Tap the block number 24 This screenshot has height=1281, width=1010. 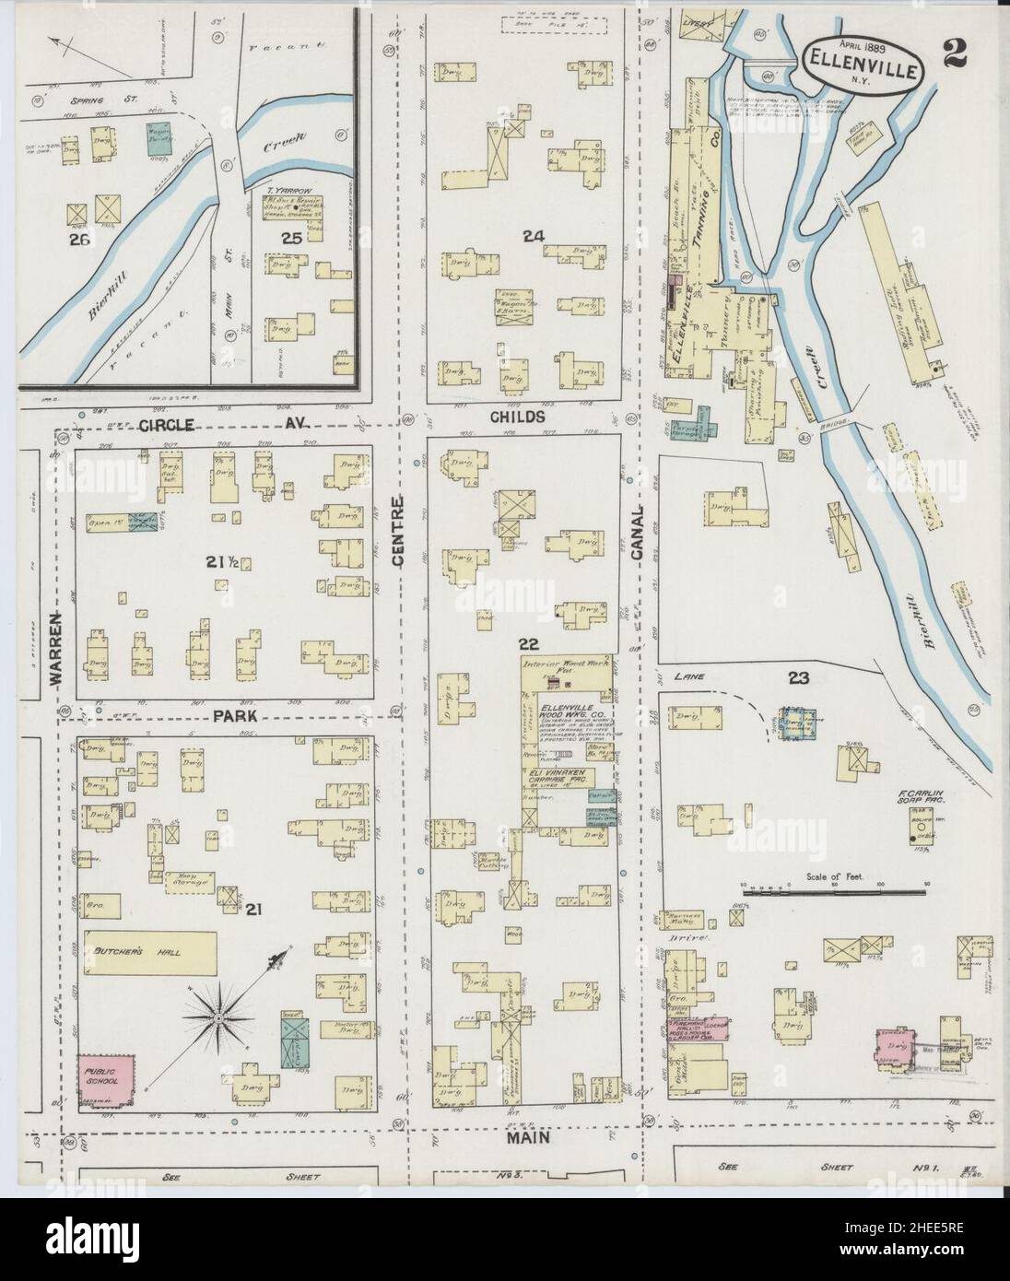click(x=533, y=237)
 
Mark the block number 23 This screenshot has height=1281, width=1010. click(x=798, y=678)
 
